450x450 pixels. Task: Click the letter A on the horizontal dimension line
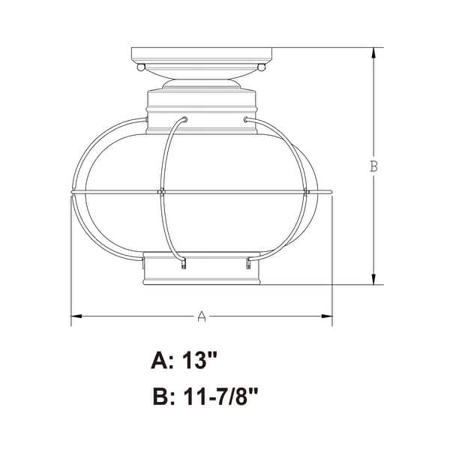tap(201, 317)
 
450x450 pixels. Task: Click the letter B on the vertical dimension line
tap(373, 166)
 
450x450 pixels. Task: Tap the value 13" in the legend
tap(199, 361)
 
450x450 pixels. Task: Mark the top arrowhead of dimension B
tap(373, 52)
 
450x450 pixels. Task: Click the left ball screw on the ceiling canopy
tap(140, 67)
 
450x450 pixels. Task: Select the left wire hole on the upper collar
tap(184, 118)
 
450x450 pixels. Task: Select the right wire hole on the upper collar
tap(247, 118)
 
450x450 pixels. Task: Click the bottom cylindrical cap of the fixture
tap(201, 271)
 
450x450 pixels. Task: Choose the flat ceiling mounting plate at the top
tap(201, 55)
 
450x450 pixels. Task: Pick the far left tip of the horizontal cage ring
tap(71, 193)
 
